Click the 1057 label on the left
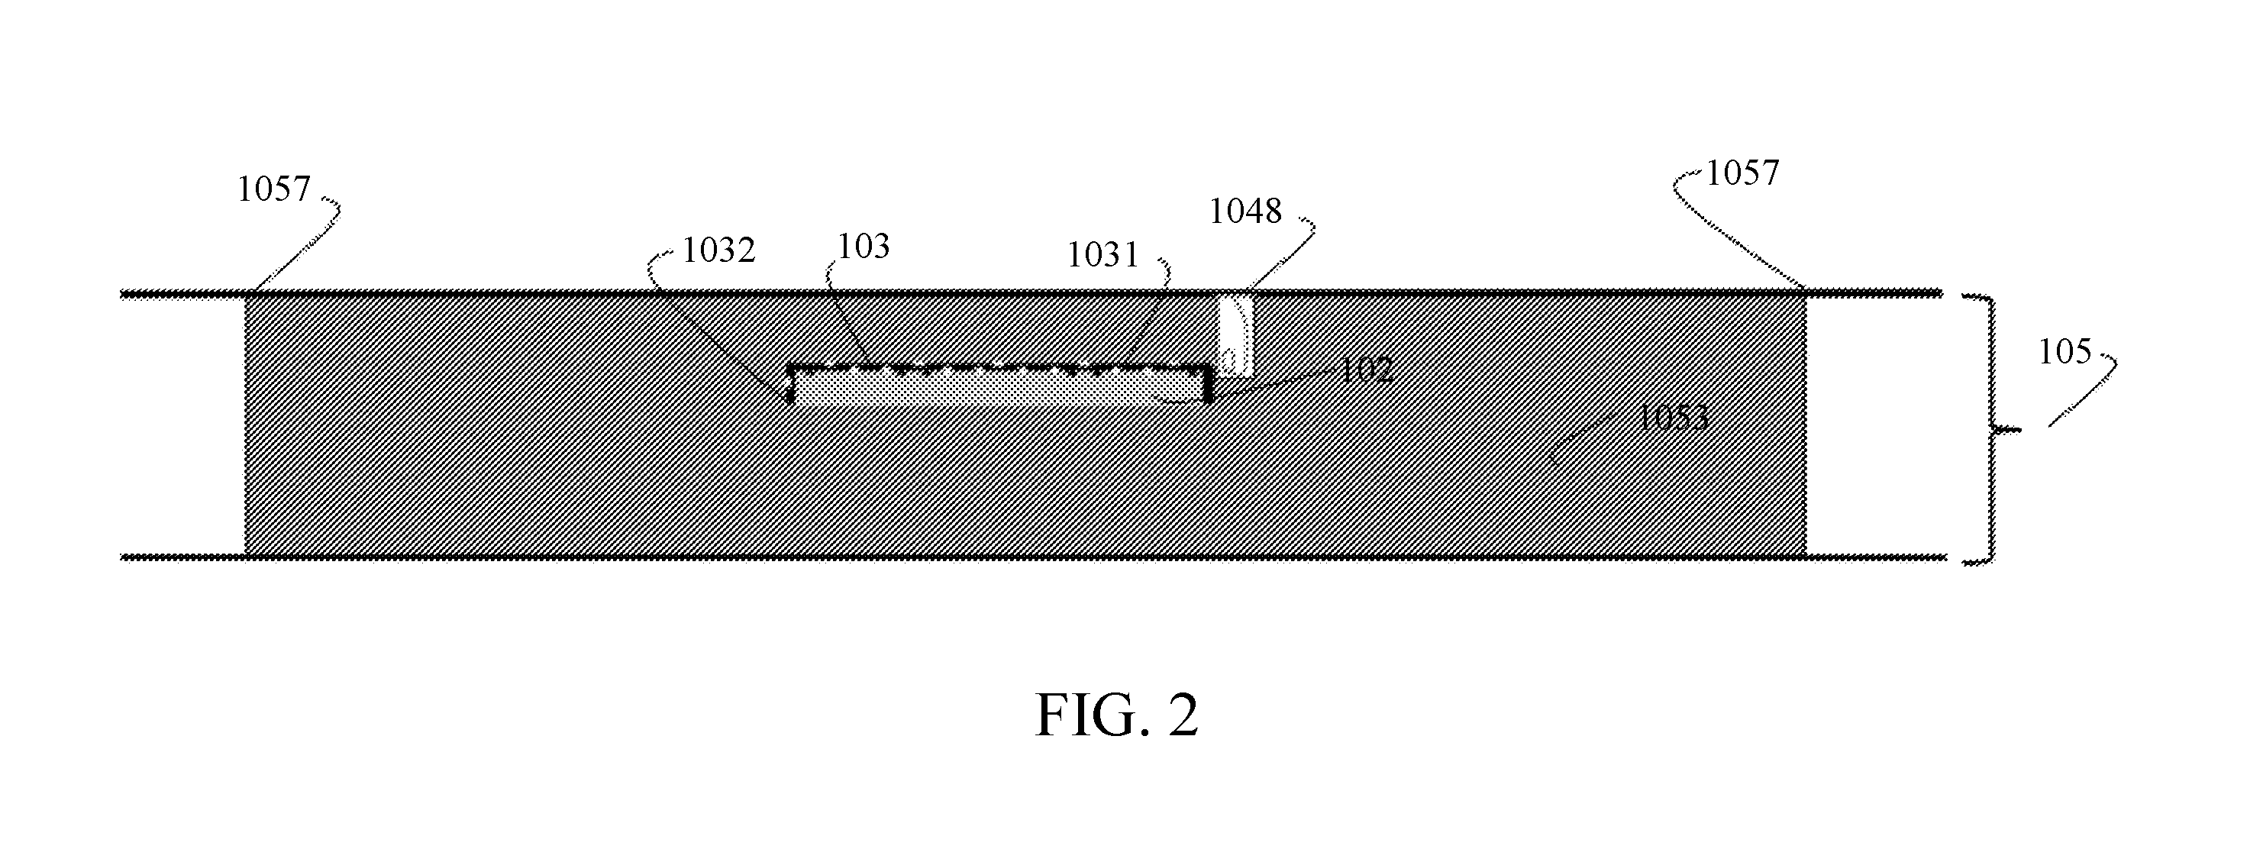point(274,189)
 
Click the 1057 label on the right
point(1742,173)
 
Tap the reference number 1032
point(718,250)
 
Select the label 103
point(864,247)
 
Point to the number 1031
point(1102,255)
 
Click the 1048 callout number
point(1246,211)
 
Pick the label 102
point(1366,370)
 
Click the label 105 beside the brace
point(2064,352)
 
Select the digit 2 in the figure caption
point(1183,715)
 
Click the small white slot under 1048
point(1235,334)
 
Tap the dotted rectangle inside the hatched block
point(999,384)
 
